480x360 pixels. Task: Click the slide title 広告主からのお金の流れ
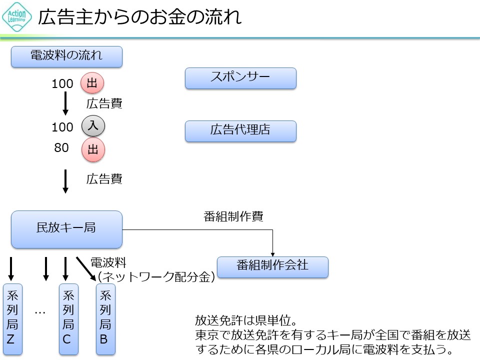[140, 17]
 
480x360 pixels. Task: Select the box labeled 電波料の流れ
[66, 56]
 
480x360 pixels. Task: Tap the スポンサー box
[240, 78]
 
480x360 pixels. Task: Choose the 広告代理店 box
[240, 131]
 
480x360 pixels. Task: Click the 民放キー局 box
[66, 229]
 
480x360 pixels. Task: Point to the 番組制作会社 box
[272, 266]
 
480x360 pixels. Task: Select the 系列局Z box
[12, 319]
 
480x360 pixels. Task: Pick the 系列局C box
[69, 319]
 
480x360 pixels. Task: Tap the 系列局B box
[105, 319]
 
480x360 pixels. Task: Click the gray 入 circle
[93, 127]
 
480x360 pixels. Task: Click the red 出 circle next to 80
[93, 149]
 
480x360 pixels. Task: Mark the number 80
[61, 148]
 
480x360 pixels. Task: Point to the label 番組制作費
[233, 216]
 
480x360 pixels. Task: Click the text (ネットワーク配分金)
[156, 276]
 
